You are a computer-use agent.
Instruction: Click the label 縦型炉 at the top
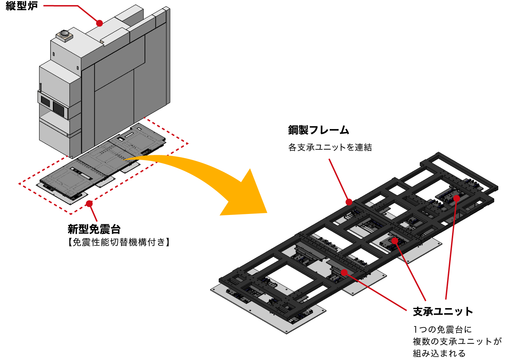click(22, 6)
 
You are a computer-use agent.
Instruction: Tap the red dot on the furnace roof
click(99, 23)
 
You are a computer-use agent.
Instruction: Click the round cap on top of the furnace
click(64, 33)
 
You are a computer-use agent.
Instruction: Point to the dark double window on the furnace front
click(53, 104)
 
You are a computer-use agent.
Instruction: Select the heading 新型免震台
click(94, 229)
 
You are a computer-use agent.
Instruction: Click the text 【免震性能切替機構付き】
click(119, 242)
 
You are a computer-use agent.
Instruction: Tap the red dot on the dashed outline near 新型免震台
click(89, 204)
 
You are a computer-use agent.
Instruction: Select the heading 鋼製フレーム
click(319, 130)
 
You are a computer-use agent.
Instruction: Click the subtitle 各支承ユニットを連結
click(330, 147)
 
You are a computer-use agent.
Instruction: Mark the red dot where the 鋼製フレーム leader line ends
click(349, 202)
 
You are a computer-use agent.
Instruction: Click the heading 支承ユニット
click(443, 312)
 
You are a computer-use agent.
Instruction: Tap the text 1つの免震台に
click(442, 330)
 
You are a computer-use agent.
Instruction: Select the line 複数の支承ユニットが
click(457, 342)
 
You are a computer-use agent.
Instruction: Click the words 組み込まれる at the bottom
click(439, 353)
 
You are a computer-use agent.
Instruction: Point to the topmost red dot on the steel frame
click(457, 198)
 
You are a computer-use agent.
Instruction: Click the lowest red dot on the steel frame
click(344, 272)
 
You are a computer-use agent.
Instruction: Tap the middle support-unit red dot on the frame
click(395, 241)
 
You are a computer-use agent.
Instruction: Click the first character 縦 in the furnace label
click(11, 6)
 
